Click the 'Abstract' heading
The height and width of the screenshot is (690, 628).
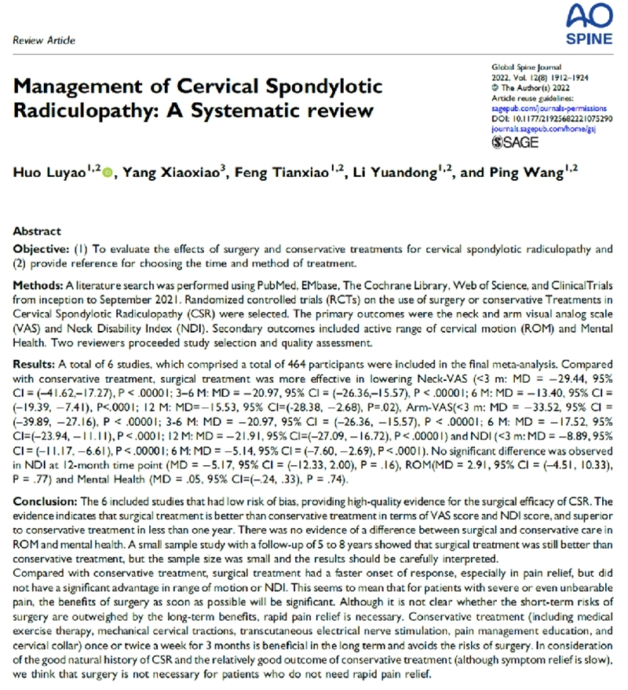click(x=37, y=232)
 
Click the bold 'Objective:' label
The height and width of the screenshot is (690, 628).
click(x=42, y=249)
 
